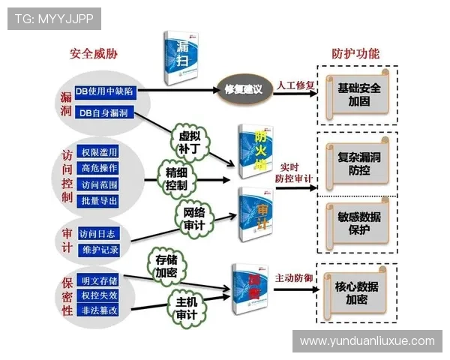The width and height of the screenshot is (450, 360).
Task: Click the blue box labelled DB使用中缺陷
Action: coord(104,91)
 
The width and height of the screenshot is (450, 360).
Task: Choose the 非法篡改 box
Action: coord(99,309)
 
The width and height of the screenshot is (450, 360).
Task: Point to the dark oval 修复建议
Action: coord(243,89)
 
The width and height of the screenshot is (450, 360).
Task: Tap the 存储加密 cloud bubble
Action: coord(166,266)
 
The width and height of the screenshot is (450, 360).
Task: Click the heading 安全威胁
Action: coord(94,54)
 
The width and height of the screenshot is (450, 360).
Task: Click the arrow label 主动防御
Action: coord(293,277)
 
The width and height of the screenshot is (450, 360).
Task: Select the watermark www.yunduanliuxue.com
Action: coord(367,340)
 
